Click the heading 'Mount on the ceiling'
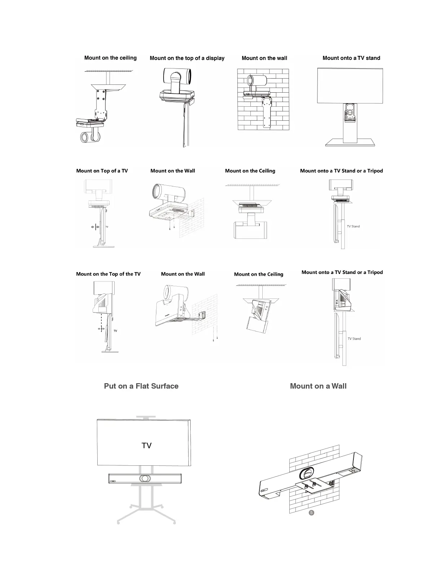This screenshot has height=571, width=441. pyautogui.click(x=110, y=58)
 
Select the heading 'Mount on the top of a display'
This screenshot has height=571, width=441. pyautogui.click(x=187, y=58)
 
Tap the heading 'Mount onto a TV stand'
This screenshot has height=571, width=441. pyautogui.click(x=351, y=58)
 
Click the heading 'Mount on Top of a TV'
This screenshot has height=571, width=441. pyautogui.click(x=102, y=171)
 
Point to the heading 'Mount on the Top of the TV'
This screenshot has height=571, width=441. pyautogui.click(x=108, y=274)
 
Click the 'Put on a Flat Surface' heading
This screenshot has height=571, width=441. pyautogui.click(x=141, y=386)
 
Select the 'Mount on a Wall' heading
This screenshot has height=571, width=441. pyautogui.click(x=318, y=386)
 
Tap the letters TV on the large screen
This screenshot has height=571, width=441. pyautogui.click(x=147, y=446)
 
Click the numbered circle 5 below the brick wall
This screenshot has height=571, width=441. pyautogui.click(x=312, y=512)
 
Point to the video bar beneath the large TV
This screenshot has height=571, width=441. pyautogui.click(x=145, y=478)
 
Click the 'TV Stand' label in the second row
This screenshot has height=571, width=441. pyautogui.click(x=353, y=226)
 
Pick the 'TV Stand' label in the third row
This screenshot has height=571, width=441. pyautogui.click(x=354, y=339)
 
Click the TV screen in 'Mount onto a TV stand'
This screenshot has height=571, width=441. pyautogui.click(x=350, y=85)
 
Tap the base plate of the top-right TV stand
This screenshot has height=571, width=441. pyautogui.click(x=350, y=143)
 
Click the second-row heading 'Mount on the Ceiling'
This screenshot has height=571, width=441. pyautogui.click(x=250, y=171)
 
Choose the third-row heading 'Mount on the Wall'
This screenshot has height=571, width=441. pyautogui.click(x=183, y=274)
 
